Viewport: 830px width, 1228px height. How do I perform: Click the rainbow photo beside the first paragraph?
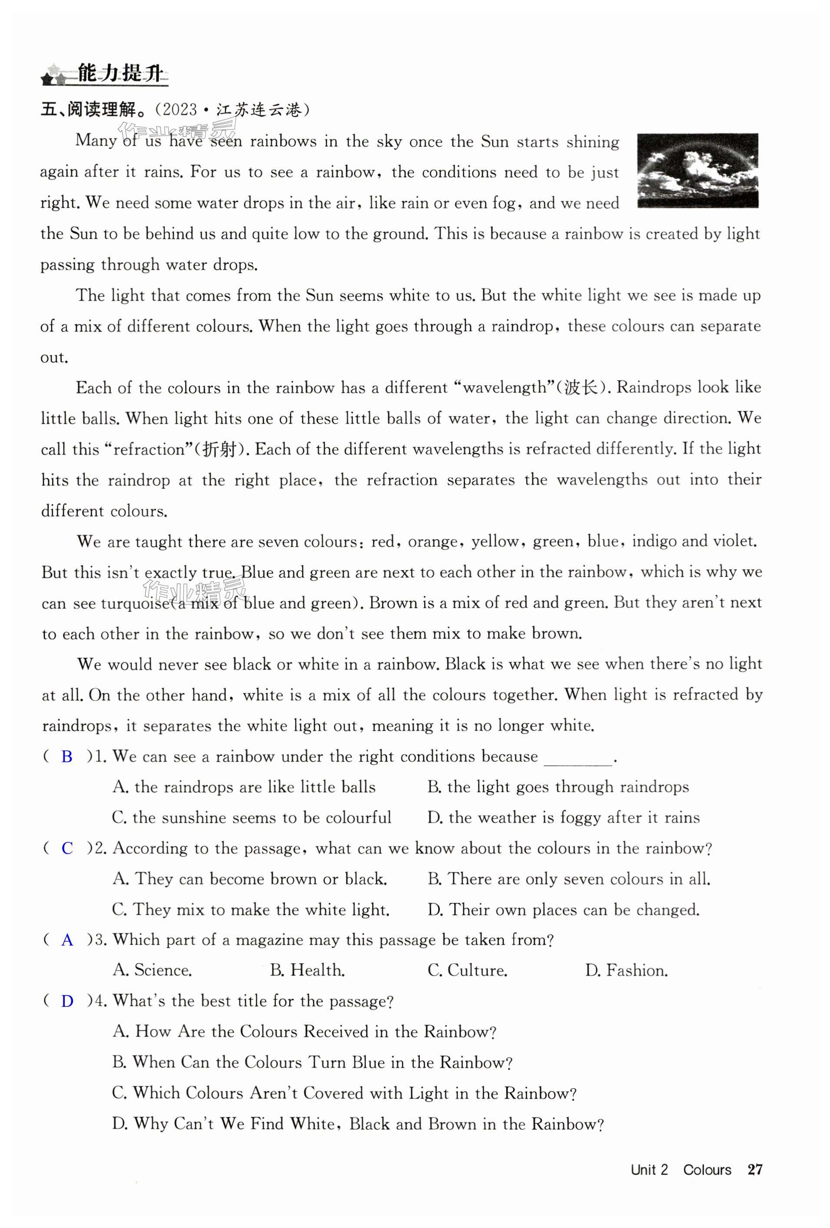click(697, 170)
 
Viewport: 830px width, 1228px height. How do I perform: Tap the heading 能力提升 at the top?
click(120, 73)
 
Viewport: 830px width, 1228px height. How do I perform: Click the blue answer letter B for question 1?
click(66, 757)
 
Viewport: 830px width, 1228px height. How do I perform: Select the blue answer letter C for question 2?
click(67, 848)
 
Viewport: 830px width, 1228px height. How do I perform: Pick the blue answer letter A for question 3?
click(67, 940)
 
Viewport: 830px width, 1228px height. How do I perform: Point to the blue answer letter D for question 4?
click(67, 1001)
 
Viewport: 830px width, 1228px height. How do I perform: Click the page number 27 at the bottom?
click(755, 1169)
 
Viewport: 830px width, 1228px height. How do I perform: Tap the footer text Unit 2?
click(649, 1170)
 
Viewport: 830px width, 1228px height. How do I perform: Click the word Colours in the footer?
click(707, 1170)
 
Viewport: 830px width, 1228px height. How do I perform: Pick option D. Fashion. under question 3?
click(626, 970)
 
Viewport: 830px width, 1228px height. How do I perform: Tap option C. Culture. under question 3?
click(467, 970)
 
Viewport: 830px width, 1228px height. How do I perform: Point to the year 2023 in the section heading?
click(179, 110)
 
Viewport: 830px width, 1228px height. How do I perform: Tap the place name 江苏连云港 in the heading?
click(259, 110)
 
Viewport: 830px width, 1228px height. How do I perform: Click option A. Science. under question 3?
click(152, 970)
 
